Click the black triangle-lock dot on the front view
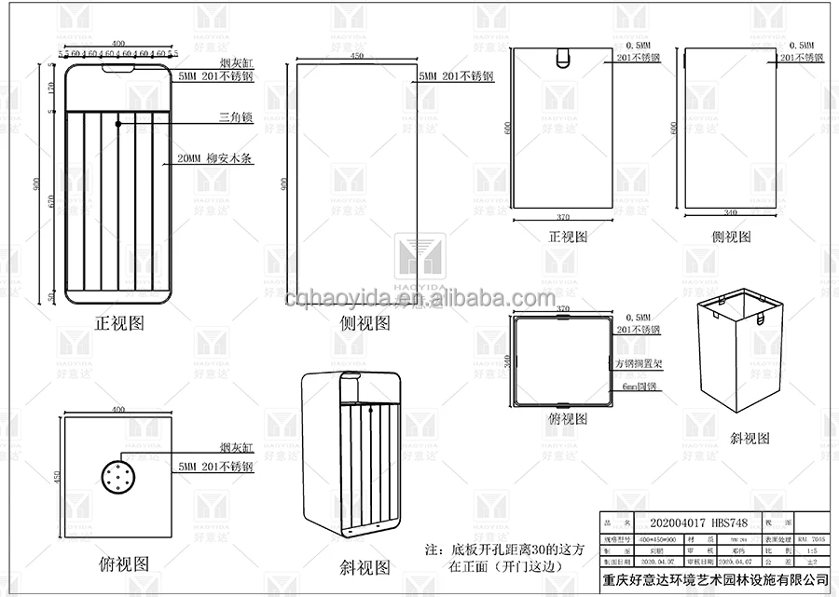(118, 122)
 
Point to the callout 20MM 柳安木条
(214, 158)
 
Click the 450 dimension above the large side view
(355, 56)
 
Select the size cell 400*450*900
(658, 537)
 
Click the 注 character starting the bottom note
(431, 550)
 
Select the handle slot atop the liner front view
(561, 59)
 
